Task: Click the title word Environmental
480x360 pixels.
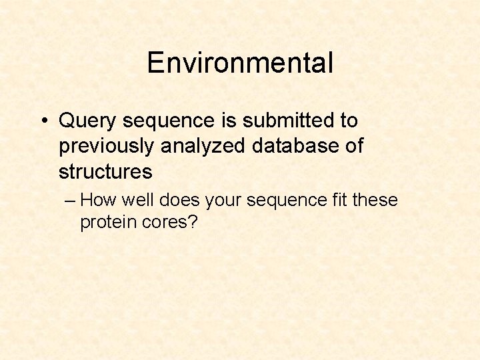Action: coord(240,63)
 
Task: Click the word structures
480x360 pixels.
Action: coord(105,171)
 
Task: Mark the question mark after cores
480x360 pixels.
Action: coord(193,222)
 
